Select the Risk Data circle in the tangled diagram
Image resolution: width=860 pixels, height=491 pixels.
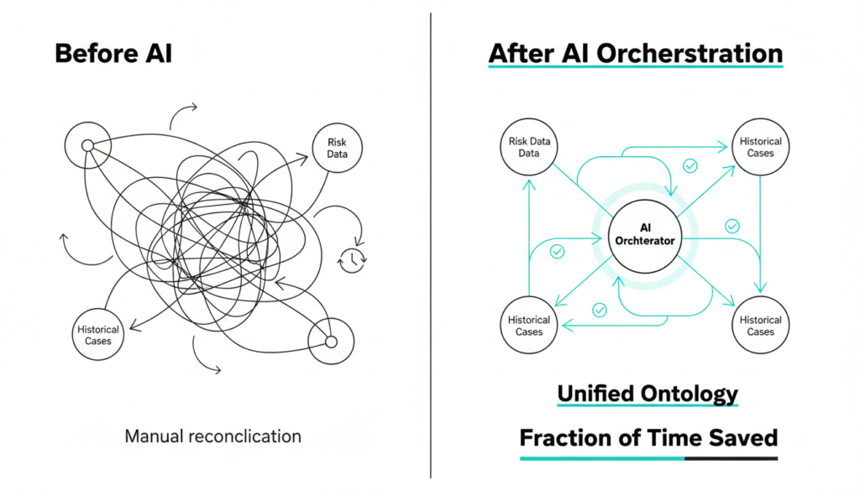point(336,149)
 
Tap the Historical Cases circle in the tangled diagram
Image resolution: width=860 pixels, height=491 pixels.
point(98,335)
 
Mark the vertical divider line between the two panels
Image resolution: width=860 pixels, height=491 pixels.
point(431,252)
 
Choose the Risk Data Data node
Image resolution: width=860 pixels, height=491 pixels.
point(529,148)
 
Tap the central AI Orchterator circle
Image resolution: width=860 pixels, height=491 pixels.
point(645,235)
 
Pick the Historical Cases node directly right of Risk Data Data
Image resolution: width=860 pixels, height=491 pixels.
point(760,148)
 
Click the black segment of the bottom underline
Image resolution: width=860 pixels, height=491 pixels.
point(731,459)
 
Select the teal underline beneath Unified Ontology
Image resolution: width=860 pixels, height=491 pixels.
point(647,406)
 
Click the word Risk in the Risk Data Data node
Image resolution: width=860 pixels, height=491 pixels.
point(519,142)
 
